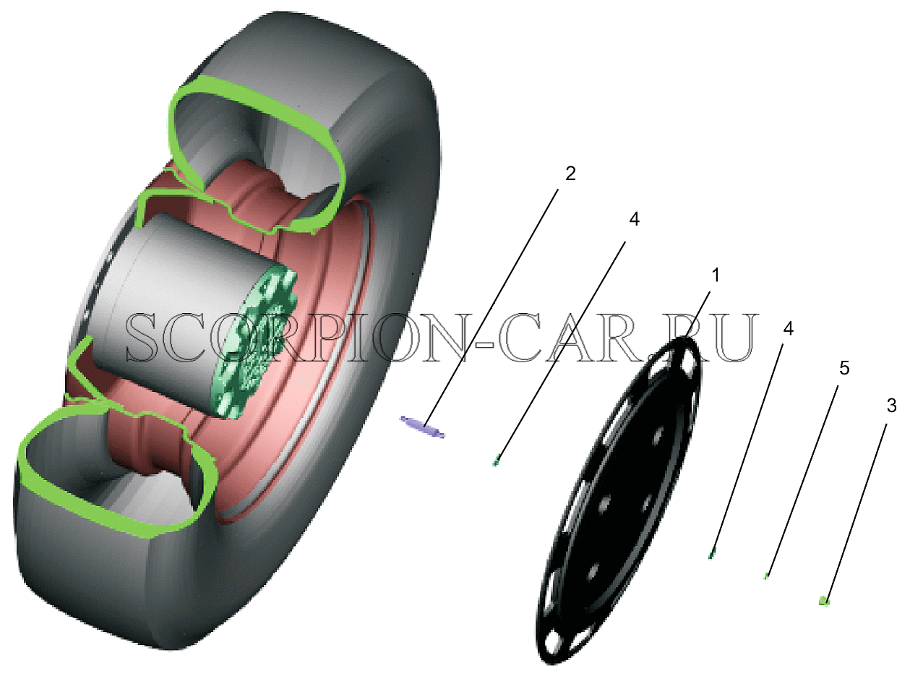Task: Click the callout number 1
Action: point(716,275)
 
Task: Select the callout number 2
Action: point(570,174)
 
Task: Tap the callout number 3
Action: point(891,406)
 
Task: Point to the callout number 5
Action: point(844,368)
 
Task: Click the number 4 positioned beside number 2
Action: point(635,219)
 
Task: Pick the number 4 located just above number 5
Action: point(788,328)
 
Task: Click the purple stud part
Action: point(422,427)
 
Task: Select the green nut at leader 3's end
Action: point(824,602)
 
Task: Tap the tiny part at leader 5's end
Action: point(765,577)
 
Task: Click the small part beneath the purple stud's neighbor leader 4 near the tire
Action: point(496,461)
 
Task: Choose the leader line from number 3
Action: point(855,513)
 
